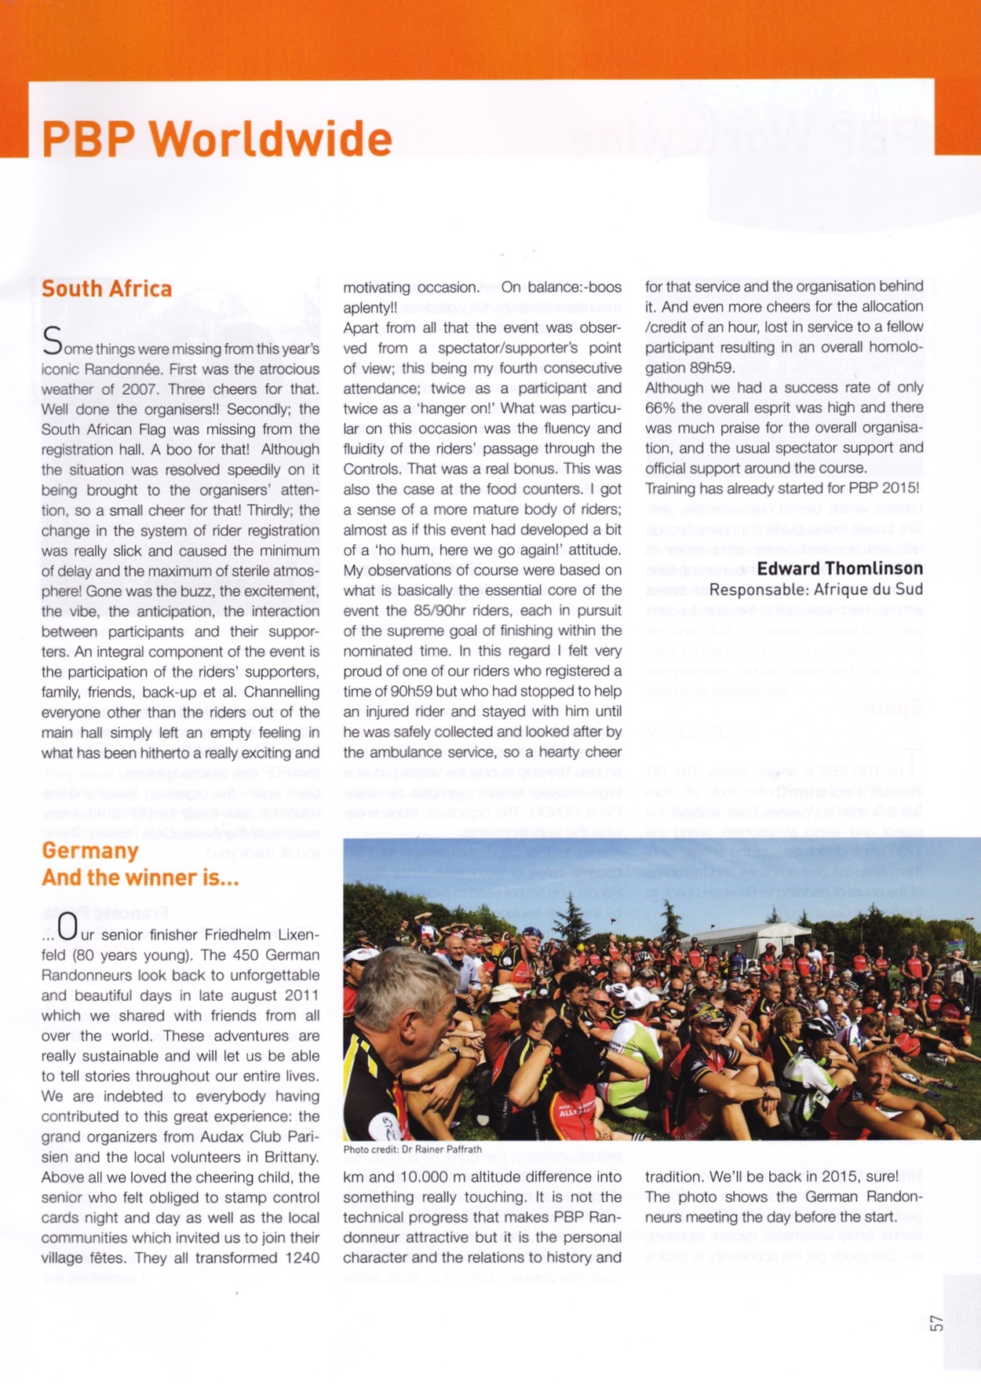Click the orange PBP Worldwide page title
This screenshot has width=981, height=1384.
click(217, 140)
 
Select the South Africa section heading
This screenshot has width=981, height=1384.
click(107, 289)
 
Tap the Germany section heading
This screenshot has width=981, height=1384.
click(90, 851)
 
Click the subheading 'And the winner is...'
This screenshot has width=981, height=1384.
click(140, 878)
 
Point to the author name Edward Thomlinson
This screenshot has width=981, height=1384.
click(840, 568)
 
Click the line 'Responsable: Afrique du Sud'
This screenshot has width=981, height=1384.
click(816, 590)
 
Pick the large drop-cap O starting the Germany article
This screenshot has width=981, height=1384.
click(67, 929)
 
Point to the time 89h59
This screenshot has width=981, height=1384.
click(711, 367)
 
